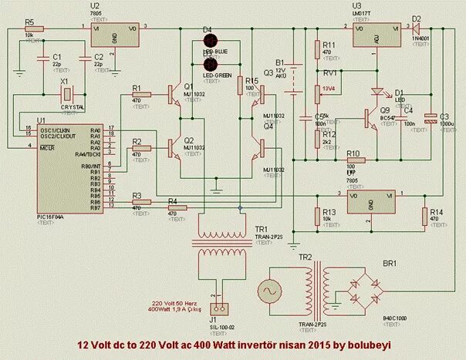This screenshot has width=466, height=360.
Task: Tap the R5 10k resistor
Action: click(x=34, y=28)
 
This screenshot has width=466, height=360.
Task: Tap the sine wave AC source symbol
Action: click(x=272, y=293)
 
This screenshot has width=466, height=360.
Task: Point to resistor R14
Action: click(x=424, y=217)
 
